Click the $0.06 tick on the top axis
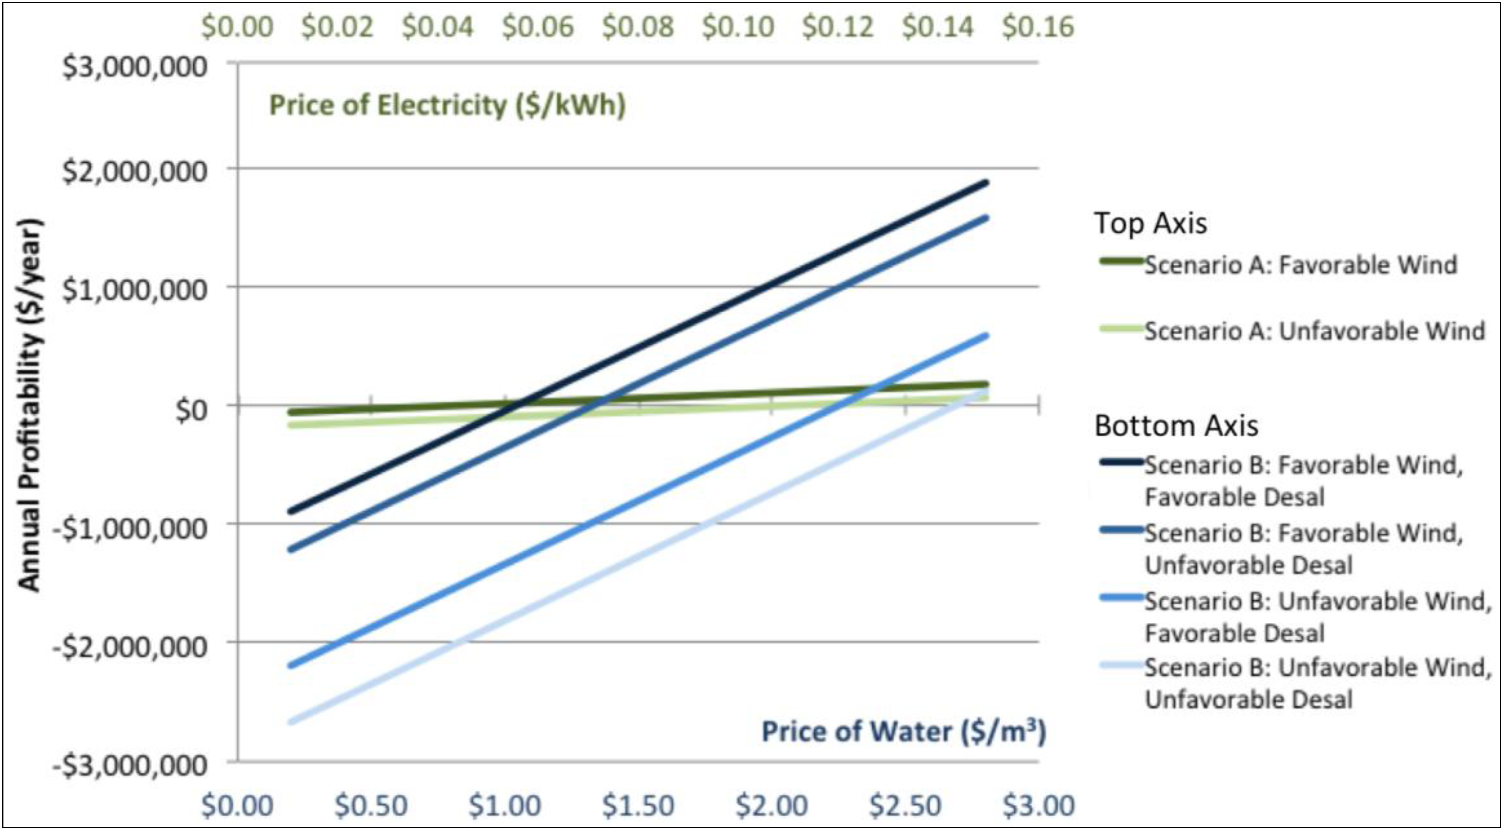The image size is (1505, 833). (x=537, y=27)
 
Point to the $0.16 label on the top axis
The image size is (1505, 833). (x=1038, y=27)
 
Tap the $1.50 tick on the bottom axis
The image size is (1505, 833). (x=638, y=806)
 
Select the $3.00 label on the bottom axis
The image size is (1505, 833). (x=1038, y=806)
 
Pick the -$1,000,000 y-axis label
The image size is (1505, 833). (x=130, y=529)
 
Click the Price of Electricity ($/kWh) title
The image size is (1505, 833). (x=447, y=106)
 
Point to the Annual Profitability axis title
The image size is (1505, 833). (x=29, y=405)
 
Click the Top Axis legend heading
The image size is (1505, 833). (x=1150, y=223)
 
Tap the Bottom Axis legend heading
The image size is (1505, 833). (x=1176, y=425)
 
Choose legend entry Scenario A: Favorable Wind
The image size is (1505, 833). (x=1300, y=264)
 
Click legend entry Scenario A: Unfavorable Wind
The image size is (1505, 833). (x=1313, y=331)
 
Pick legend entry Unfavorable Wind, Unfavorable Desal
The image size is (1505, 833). (x=1318, y=683)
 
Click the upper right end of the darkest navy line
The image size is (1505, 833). (x=986, y=183)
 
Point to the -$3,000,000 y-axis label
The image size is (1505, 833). (x=130, y=765)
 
